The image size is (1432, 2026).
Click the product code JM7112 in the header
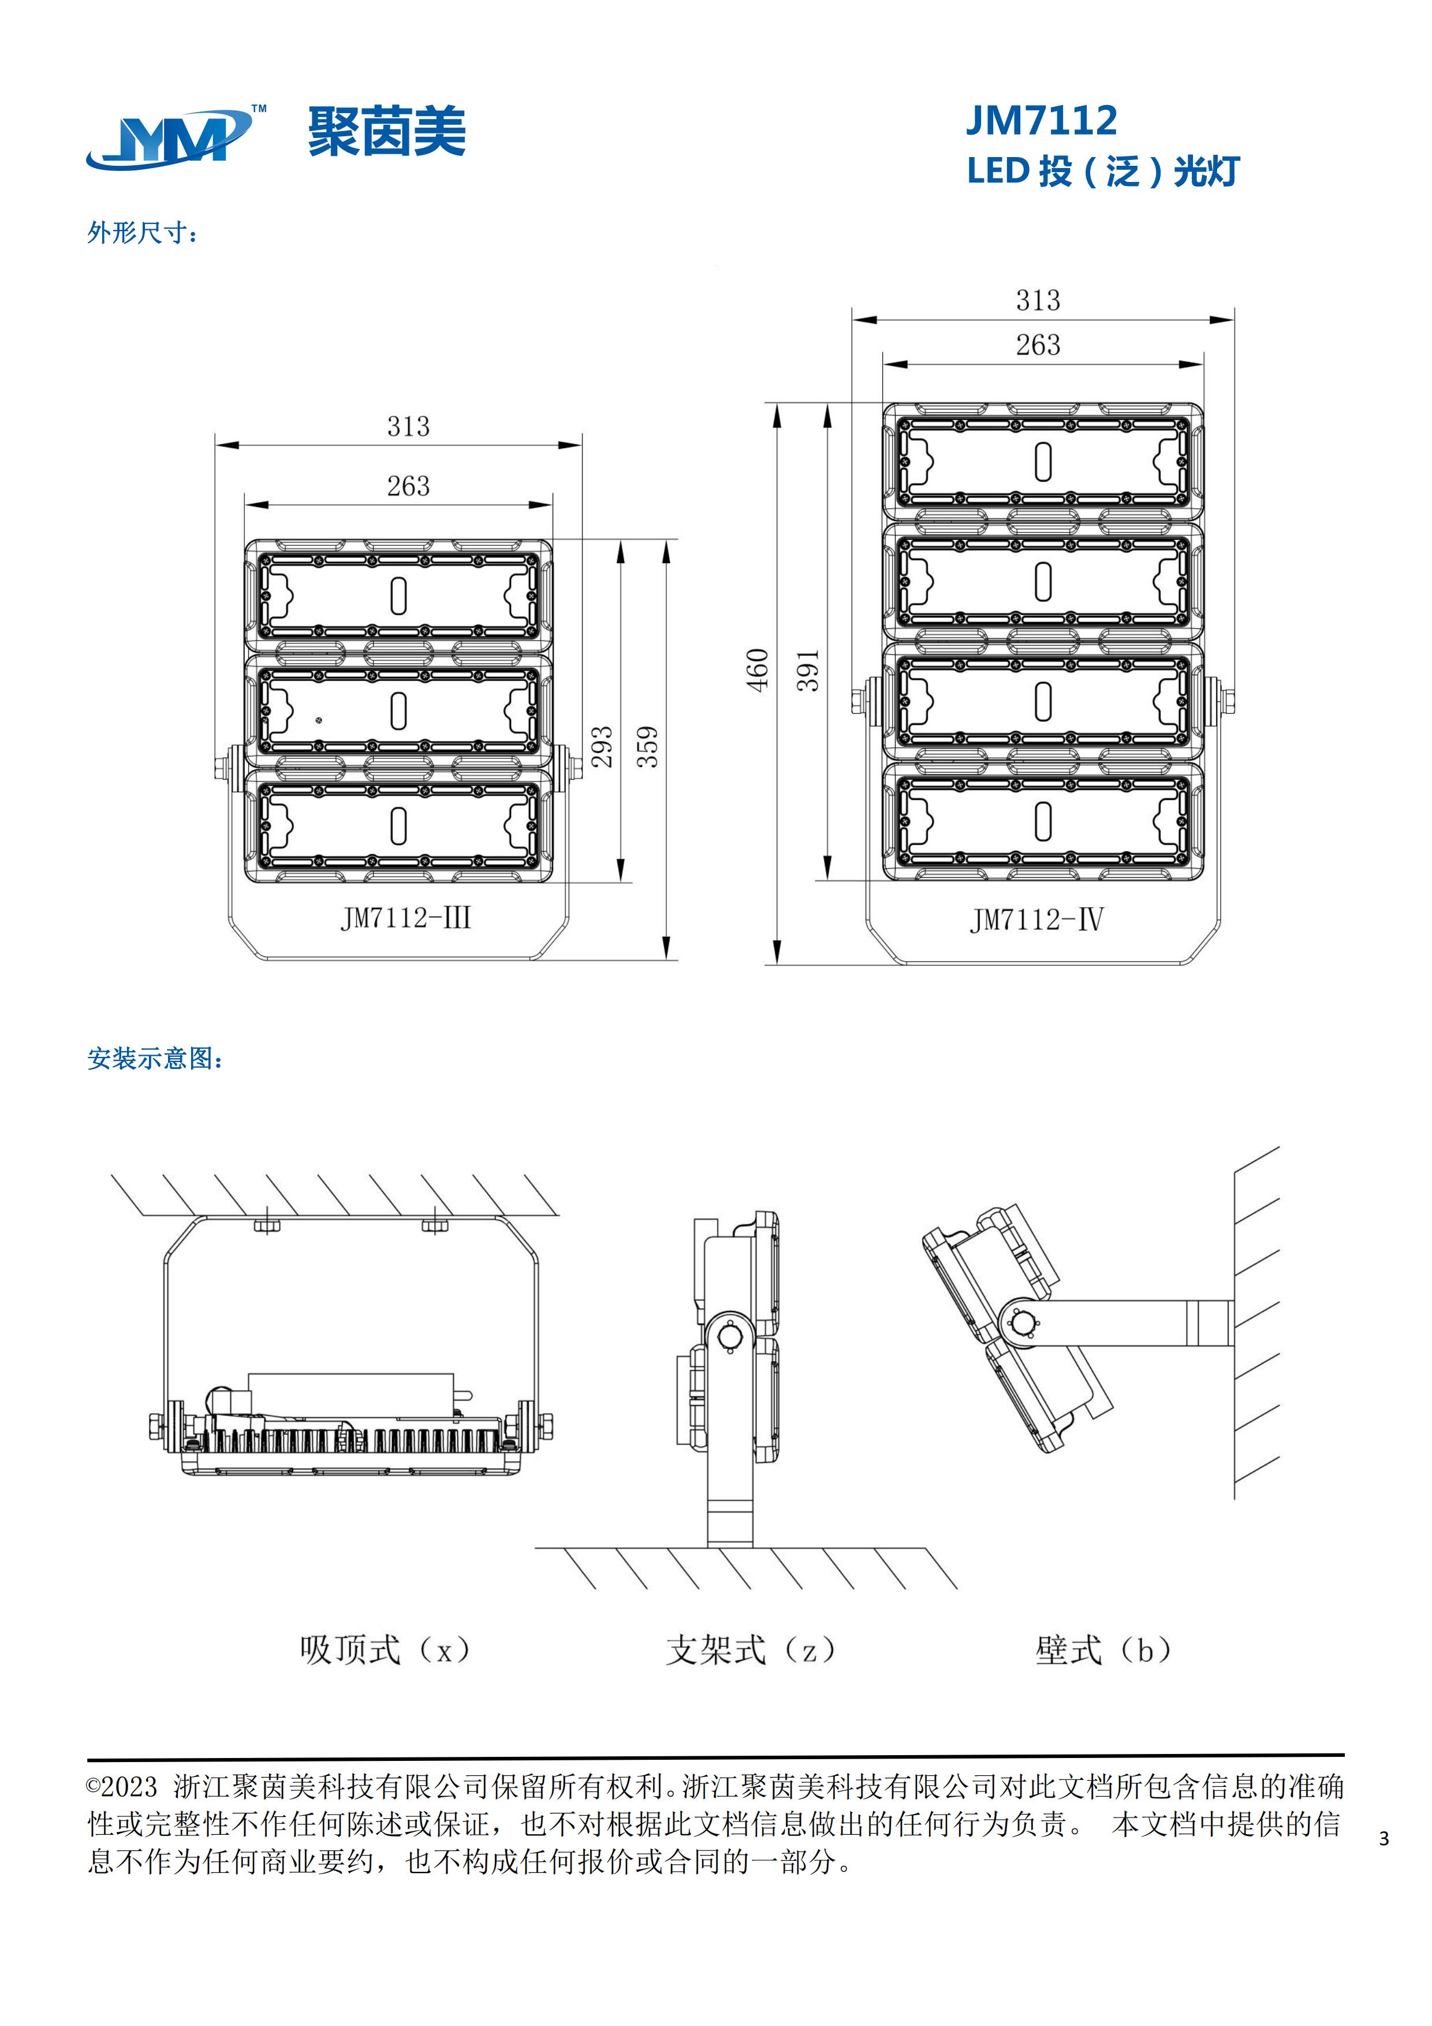(x=1041, y=120)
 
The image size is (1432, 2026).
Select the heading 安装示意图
(x=154, y=1058)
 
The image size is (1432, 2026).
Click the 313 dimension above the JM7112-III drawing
(x=408, y=427)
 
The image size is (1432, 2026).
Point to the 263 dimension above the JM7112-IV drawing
(x=1038, y=345)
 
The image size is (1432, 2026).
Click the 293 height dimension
(x=602, y=747)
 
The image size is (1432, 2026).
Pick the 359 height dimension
(x=648, y=747)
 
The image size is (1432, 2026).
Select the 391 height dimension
(x=809, y=670)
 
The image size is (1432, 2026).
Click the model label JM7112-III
(x=406, y=919)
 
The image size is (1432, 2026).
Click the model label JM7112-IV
(x=1036, y=921)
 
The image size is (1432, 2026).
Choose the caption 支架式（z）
(x=750, y=1649)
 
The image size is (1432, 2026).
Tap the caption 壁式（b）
(x=1103, y=1649)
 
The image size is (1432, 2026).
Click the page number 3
(x=1383, y=1838)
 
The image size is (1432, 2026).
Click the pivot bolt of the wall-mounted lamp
(x=1023, y=1323)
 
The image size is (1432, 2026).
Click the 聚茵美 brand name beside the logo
(x=386, y=132)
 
